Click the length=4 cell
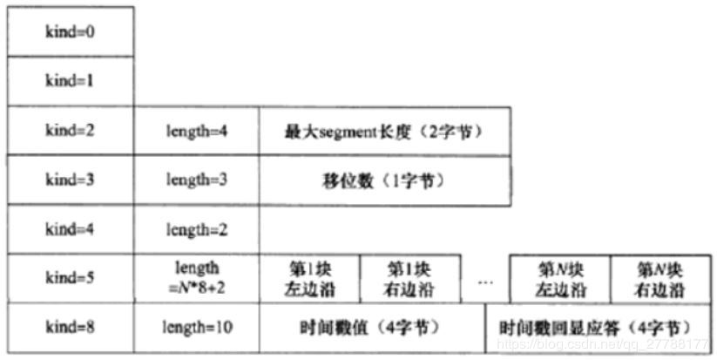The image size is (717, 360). (x=197, y=131)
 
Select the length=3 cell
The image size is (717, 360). (x=197, y=180)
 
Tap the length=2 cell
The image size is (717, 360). (x=197, y=230)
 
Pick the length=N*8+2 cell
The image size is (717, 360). (x=197, y=279)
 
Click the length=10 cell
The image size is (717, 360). (x=197, y=328)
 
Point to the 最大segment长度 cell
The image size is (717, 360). (x=384, y=131)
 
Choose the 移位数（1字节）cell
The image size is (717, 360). (x=384, y=180)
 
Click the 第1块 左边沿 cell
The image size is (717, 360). (x=309, y=279)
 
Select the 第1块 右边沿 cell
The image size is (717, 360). (x=409, y=279)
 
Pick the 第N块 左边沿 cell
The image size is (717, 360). (x=559, y=279)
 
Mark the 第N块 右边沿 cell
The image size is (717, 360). (x=659, y=279)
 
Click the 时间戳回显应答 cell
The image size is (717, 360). (x=598, y=328)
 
